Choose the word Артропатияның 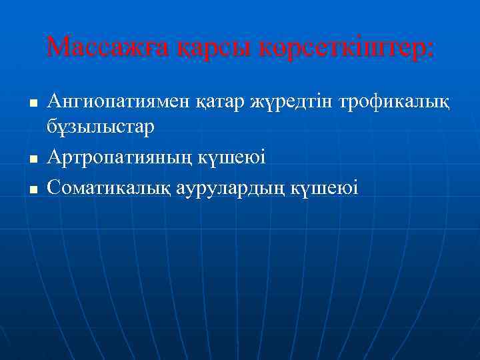tap(120, 157)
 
